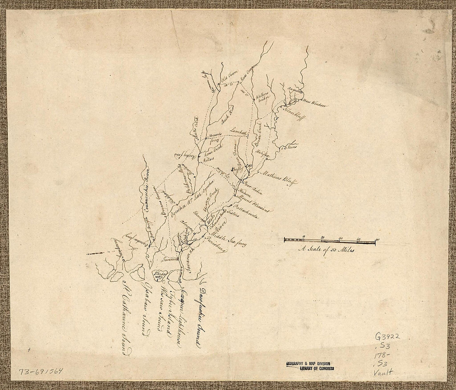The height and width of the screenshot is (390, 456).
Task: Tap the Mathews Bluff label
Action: (278, 177)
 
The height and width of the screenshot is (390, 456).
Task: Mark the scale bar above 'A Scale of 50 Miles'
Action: (330, 240)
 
